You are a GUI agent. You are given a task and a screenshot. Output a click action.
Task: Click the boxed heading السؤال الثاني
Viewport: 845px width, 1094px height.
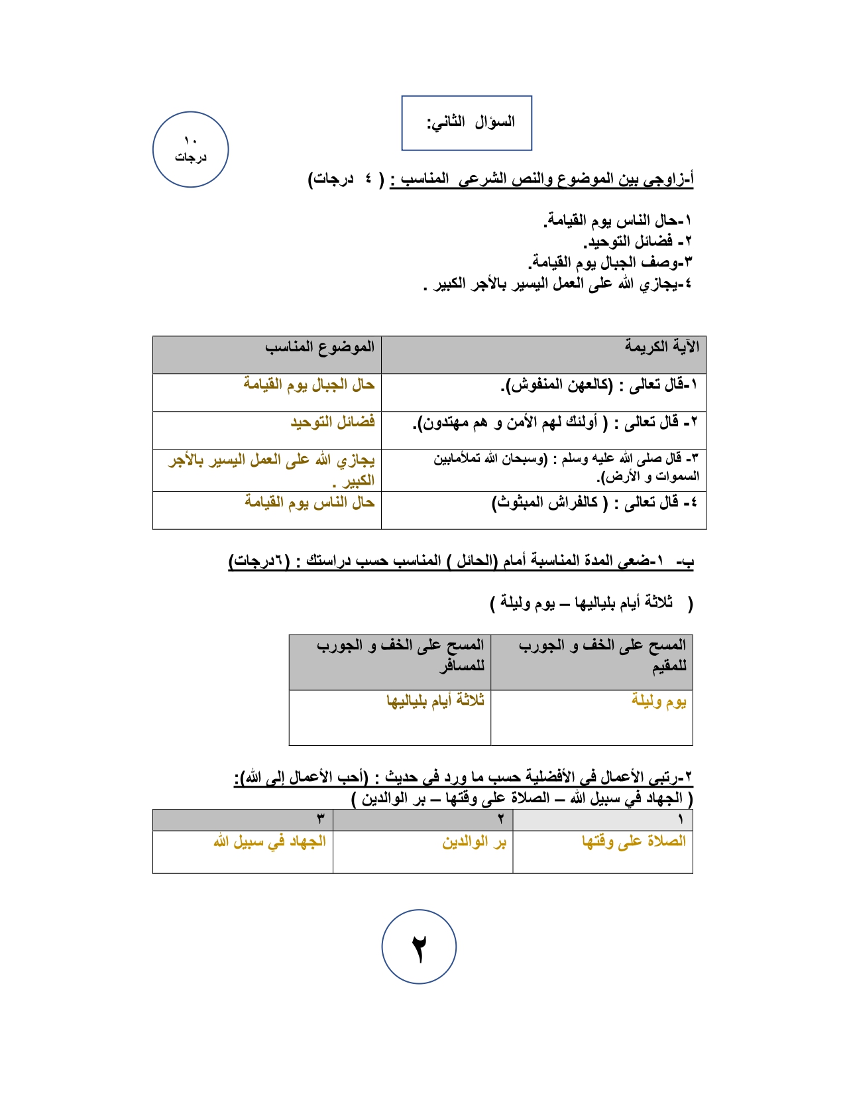[x=467, y=123]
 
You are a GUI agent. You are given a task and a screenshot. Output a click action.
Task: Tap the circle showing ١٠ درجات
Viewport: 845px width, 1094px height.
[x=190, y=149]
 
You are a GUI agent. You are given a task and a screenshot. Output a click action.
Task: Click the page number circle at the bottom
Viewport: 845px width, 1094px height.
[x=419, y=946]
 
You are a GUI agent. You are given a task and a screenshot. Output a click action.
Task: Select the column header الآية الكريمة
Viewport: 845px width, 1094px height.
[x=661, y=347]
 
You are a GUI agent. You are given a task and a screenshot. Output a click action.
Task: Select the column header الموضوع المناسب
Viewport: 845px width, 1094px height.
[x=319, y=347]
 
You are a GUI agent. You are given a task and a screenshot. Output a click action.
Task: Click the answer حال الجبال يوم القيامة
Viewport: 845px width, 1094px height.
[x=309, y=385]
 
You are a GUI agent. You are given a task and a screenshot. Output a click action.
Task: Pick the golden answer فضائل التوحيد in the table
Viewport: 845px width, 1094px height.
[x=333, y=422]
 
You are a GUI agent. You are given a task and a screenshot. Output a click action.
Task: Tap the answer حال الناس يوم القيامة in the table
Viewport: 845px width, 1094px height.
[x=310, y=503]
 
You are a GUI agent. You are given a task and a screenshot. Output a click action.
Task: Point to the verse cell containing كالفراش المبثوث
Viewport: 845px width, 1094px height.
[x=594, y=503]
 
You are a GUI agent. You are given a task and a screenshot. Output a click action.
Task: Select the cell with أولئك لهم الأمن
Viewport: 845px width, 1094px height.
[x=555, y=422]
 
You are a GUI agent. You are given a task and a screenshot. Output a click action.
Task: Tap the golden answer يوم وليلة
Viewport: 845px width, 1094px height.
[x=658, y=701]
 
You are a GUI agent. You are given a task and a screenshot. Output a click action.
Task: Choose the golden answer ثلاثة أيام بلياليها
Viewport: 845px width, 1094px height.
[x=435, y=701]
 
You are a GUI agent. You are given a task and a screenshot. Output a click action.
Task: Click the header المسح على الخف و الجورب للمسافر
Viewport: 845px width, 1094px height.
[x=400, y=654]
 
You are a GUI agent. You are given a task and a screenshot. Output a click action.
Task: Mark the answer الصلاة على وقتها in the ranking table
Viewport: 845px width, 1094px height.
[x=634, y=841]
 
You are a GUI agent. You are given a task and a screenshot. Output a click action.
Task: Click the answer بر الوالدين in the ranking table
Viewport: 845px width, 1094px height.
[x=474, y=842]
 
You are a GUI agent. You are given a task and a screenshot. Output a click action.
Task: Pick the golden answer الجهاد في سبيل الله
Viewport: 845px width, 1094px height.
[x=270, y=841]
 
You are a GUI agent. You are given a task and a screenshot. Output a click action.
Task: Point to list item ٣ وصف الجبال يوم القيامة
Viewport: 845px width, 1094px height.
[x=610, y=263]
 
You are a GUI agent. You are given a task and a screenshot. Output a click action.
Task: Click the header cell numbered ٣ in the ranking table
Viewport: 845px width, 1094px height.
[x=320, y=820]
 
